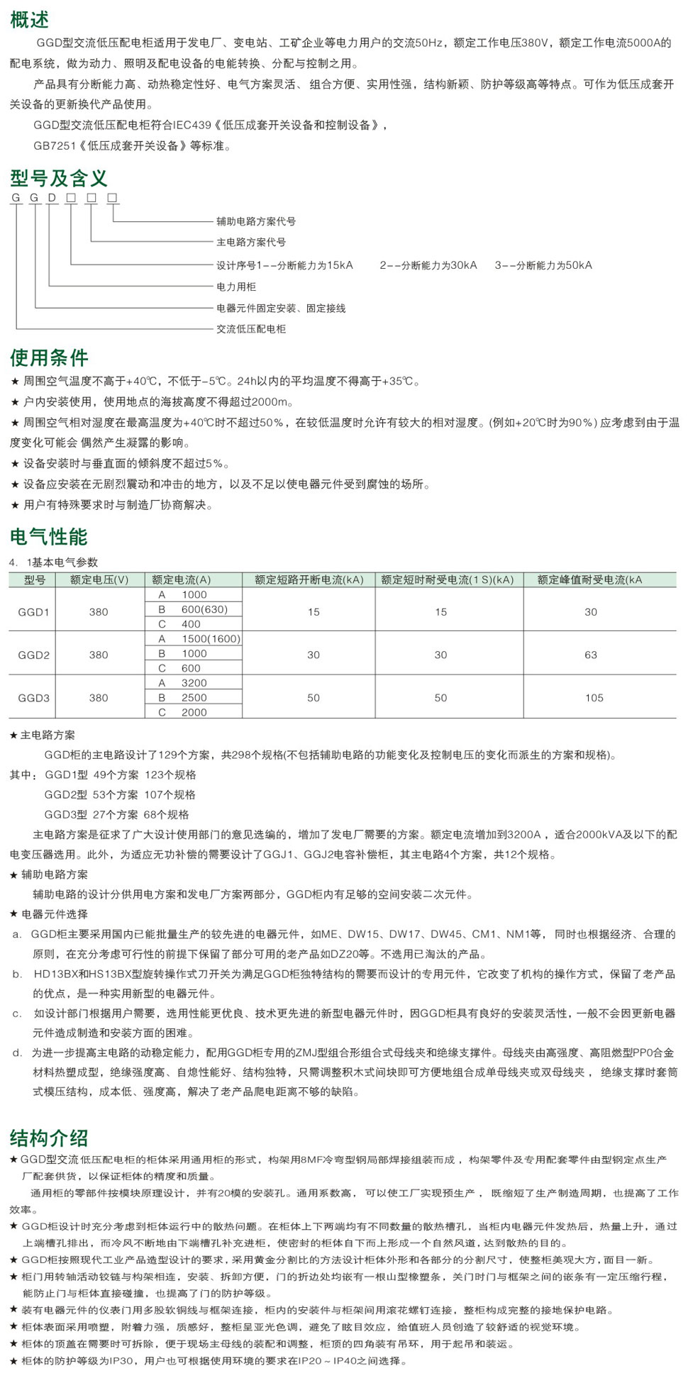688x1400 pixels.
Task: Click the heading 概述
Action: click(x=30, y=20)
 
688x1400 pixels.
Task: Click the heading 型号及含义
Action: click(x=59, y=178)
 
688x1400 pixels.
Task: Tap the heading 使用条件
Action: click(x=49, y=357)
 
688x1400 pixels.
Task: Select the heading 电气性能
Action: click(x=49, y=537)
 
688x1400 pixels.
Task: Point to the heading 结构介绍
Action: click(x=49, y=1138)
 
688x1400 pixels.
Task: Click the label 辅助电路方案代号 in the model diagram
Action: click(x=256, y=221)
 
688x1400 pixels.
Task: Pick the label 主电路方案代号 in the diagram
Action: click(x=251, y=242)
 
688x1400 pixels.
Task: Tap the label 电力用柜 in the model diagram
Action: click(x=236, y=287)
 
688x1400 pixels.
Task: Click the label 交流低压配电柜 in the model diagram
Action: click(x=251, y=329)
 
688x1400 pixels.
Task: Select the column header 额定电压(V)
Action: click(x=99, y=579)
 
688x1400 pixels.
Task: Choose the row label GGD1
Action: click(x=34, y=611)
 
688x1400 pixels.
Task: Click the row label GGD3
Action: click(x=34, y=698)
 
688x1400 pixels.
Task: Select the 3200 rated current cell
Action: click(x=194, y=683)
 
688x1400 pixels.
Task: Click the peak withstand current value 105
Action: click(x=594, y=698)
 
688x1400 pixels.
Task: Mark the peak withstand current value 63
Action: click(x=591, y=655)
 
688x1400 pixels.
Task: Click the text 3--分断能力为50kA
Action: click(x=543, y=265)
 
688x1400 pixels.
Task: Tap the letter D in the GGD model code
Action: click(x=52, y=198)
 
